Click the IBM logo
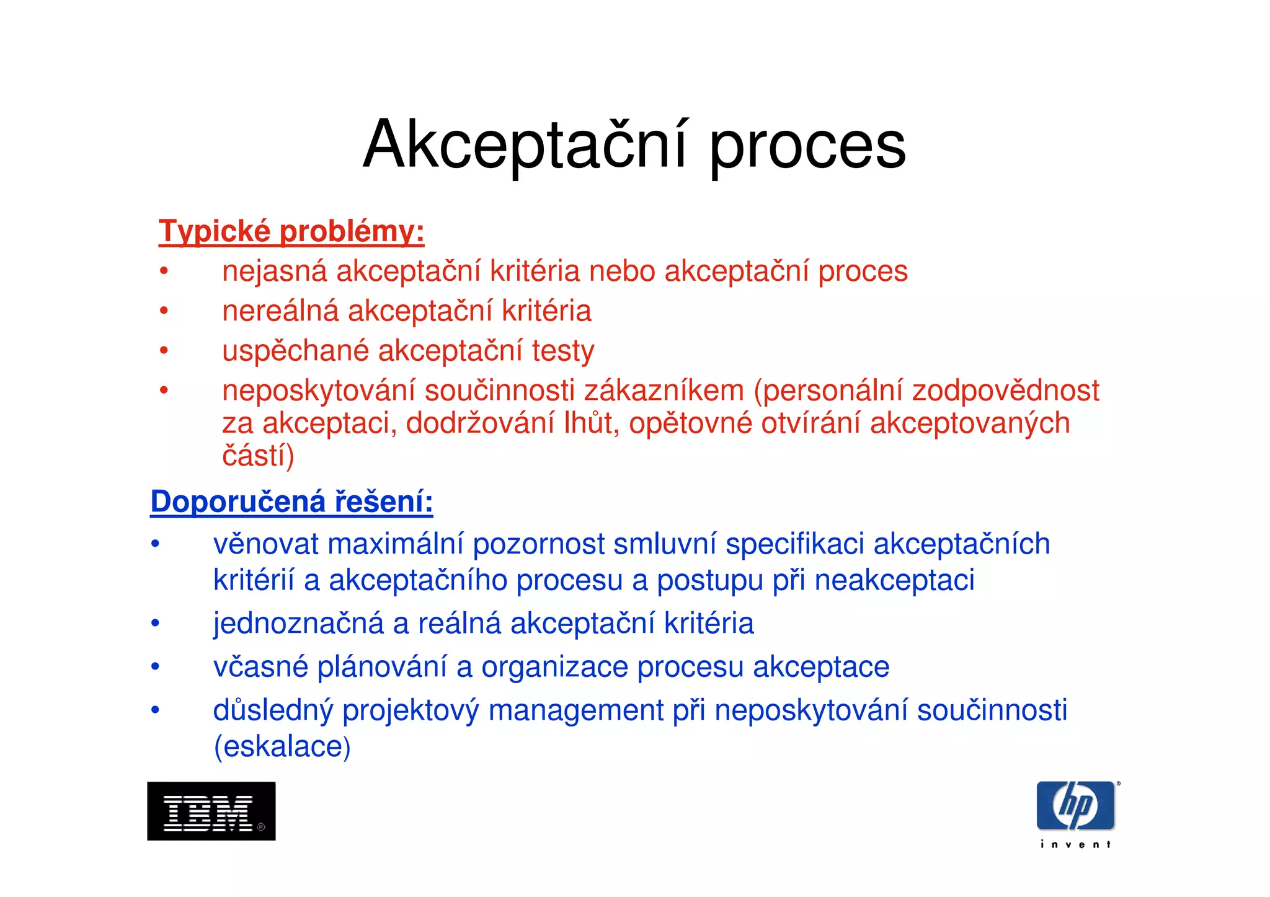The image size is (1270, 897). tap(211, 811)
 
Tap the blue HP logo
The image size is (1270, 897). tap(1075, 806)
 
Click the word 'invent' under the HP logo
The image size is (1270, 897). tap(1075, 844)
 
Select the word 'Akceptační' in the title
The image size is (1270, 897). tap(525, 145)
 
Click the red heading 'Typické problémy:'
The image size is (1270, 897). tap(291, 232)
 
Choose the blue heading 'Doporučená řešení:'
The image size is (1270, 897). tap(291, 501)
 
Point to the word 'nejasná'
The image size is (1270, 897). tap(274, 272)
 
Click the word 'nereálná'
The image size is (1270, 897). tap(280, 311)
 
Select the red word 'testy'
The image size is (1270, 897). tap(563, 351)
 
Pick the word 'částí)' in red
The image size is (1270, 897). tap(258, 456)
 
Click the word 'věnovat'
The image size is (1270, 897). tap(266, 544)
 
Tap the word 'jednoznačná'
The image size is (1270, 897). tap(298, 624)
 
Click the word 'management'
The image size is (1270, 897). tap(576, 710)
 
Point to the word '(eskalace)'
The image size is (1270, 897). tap(282, 746)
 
